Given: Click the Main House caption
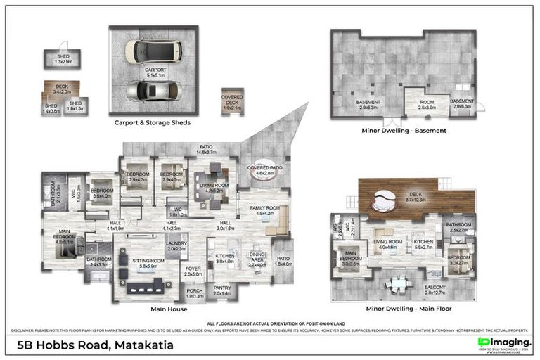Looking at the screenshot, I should [x=169, y=309].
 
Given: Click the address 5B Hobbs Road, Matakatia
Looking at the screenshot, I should [x=95, y=345].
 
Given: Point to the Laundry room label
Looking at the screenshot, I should [x=176, y=246].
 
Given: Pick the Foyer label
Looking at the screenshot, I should [x=193, y=271].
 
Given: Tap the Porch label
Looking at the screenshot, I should [x=194, y=295].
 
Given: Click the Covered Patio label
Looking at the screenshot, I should [x=264, y=170].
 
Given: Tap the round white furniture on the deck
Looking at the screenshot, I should [x=384, y=202].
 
